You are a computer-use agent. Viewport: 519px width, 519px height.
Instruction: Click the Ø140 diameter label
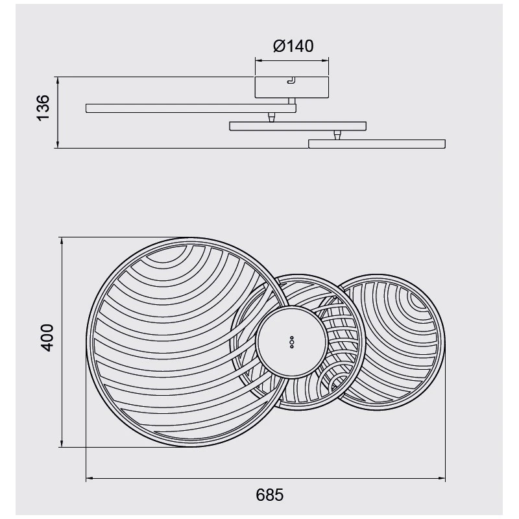[x=293, y=46]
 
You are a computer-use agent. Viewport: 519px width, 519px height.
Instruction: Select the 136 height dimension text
[x=43, y=108]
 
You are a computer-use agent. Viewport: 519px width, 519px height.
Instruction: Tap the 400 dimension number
[x=45, y=337]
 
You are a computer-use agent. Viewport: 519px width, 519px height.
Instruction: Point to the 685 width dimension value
[x=270, y=495]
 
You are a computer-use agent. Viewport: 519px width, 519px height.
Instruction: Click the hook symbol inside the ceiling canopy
[x=291, y=80]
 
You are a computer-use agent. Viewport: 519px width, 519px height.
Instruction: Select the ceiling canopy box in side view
[x=291, y=87]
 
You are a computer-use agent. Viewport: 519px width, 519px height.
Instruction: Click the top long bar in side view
[x=191, y=108]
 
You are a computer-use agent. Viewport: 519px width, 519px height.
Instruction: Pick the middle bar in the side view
[x=298, y=126]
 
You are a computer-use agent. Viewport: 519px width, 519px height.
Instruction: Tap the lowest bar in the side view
[x=377, y=144]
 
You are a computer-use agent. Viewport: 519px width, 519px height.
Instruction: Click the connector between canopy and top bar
[x=291, y=101]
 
